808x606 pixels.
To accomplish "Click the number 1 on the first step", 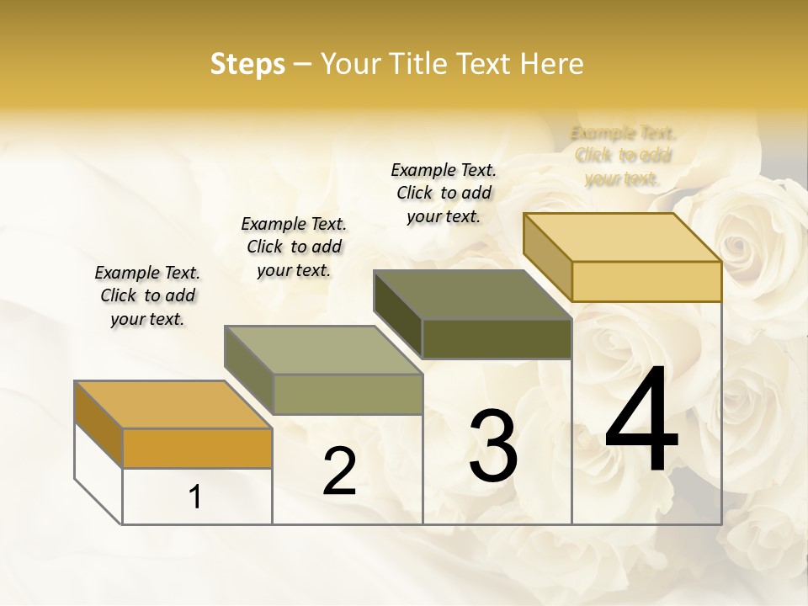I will tap(195, 497).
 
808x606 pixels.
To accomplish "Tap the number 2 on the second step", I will tap(339, 471).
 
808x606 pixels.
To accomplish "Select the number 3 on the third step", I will tap(493, 446).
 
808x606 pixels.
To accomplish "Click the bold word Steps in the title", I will tap(247, 64).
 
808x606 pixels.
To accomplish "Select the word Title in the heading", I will tap(418, 64).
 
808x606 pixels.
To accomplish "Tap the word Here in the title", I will tap(551, 64).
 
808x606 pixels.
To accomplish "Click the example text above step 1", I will tap(147, 295).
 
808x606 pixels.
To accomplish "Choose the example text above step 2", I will tap(294, 247).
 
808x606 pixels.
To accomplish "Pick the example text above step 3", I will tap(444, 193).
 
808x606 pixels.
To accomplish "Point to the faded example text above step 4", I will tap(623, 156).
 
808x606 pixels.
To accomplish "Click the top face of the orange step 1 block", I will tap(173, 404).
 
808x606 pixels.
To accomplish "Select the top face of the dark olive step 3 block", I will tap(472, 295).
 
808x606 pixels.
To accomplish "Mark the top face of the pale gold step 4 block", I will tap(622, 237).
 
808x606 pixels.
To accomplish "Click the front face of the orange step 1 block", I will tap(197, 448).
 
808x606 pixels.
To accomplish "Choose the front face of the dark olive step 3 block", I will tap(497, 339).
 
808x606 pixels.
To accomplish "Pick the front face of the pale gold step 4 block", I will tap(646, 281).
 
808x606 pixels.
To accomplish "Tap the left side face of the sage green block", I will tap(249, 369).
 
